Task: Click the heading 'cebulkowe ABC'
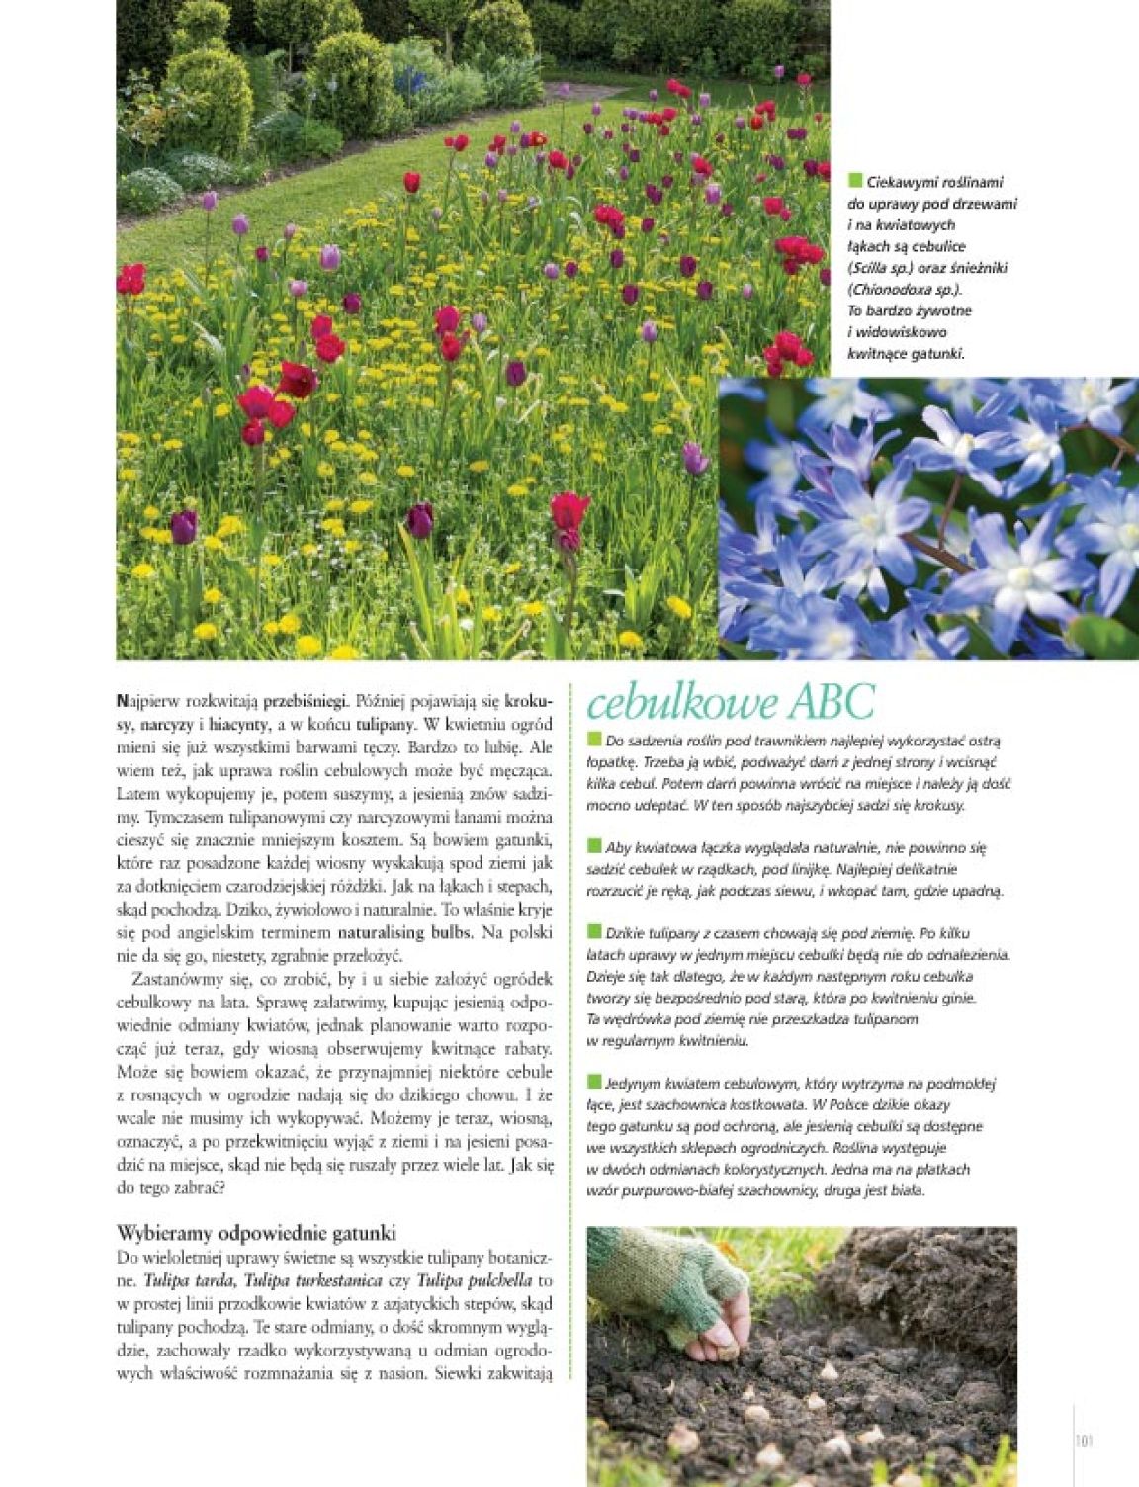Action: coord(731,703)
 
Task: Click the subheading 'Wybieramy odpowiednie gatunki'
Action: coord(256,1233)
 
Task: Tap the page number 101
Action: coord(1083,1441)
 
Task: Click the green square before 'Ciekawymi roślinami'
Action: coord(855,180)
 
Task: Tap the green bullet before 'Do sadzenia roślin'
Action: coord(594,740)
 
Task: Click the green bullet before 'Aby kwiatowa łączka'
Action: coord(594,846)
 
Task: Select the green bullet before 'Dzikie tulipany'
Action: coord(594,932)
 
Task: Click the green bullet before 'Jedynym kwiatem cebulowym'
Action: coord(594,1082)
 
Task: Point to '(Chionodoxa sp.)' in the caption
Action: coord(904,290)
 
